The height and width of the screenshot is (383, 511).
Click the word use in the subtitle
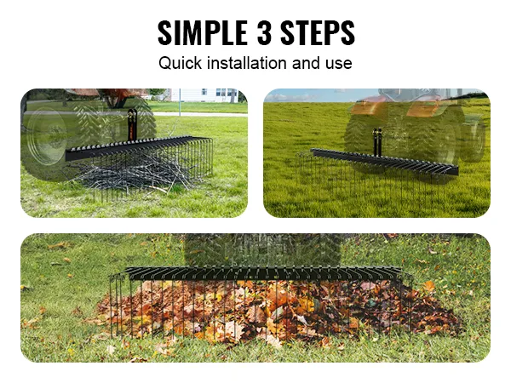click(x=337, y=63)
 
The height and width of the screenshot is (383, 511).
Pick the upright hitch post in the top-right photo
click(x=376, y=140)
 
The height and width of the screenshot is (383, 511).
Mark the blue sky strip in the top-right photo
click(x=307, y=94)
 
